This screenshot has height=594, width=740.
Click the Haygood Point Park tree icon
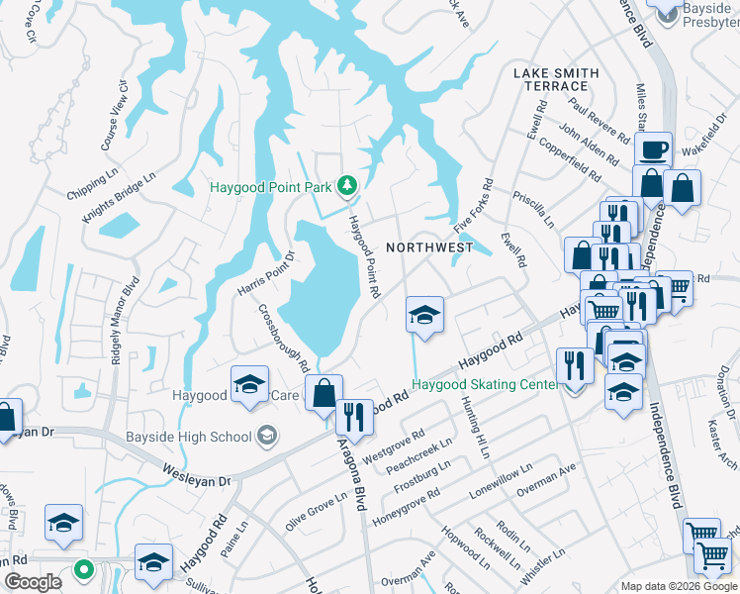point(346,185)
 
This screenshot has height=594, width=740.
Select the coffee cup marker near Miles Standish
point(653,151)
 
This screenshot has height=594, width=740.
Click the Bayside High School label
point(189,437)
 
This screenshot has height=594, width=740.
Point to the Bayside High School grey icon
point(265,436)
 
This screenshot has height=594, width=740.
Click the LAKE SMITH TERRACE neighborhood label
point(556,79)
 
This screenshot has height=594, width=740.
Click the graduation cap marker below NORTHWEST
point(425,317)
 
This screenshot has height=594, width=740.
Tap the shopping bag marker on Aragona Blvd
point(324,394)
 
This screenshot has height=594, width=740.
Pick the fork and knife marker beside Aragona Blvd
point(354,417)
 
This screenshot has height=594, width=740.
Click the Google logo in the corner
point(34,582)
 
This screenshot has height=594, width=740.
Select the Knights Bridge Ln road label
point(119,198)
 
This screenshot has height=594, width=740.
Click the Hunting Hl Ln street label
point(475,428)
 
